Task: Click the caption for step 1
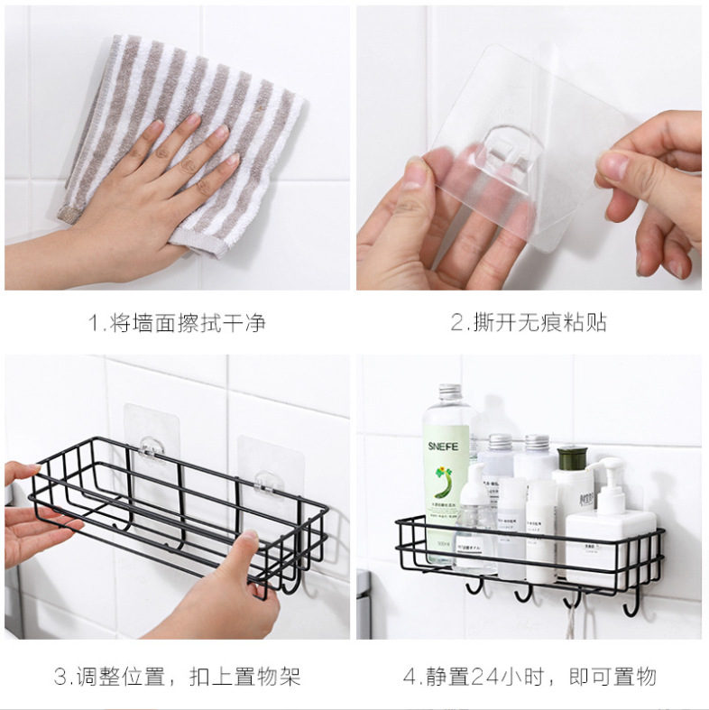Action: [177, 323]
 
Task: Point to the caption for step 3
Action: [177, 676]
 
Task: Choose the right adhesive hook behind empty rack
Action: [265, 479]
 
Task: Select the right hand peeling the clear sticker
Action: [654, 189]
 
